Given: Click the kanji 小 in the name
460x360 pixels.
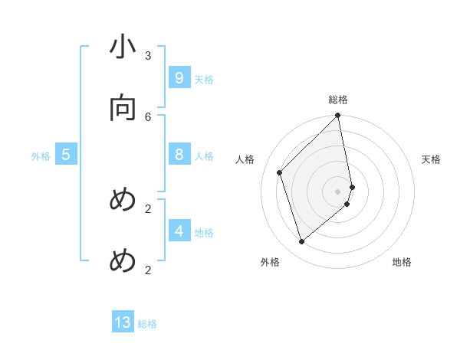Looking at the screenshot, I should coord(123,49).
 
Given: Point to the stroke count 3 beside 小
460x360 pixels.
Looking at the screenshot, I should coord(148,55).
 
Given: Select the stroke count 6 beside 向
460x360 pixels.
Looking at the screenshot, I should coord(148,116).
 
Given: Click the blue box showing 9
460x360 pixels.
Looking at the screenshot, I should coord(179,78).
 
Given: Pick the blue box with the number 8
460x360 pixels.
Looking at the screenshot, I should coord(179,155).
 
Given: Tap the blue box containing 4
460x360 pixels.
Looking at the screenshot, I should coord(179,231).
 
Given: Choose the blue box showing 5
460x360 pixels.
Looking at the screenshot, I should coord(66,155).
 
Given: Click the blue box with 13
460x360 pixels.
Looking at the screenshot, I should coord(123,322).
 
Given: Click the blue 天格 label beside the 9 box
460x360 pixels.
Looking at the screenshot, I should coord(204,80).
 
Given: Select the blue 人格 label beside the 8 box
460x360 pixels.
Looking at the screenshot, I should coord(204,156).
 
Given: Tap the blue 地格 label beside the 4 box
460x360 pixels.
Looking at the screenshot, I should coord(204,233).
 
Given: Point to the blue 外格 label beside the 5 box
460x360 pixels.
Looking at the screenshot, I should coord(41,156).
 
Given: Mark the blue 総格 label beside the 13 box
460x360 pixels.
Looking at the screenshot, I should coord(147,324).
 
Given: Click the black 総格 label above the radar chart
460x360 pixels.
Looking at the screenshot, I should coord(338,100).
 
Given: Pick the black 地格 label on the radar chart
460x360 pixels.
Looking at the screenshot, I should coord(402,262).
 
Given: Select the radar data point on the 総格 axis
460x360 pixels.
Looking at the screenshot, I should coord(338,116).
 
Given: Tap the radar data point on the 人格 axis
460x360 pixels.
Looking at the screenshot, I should coord(280,172).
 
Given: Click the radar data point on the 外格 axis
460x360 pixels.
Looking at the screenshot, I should coord(302,241).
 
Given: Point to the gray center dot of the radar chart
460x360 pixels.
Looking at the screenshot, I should coord(338,191).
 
